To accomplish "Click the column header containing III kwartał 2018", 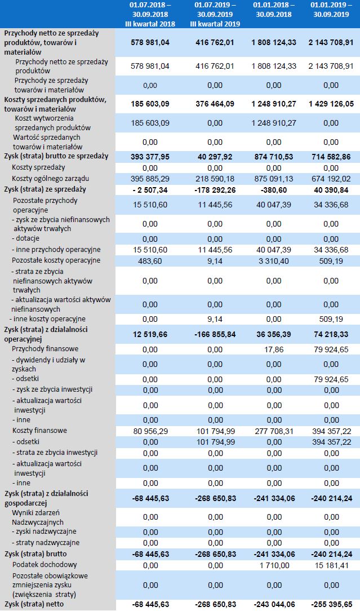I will click(x=150, y=14).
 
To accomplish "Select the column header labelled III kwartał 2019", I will click(x=215, y=14).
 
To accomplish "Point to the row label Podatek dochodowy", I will click(x=45, y=564).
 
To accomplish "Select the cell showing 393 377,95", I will click(x=150, y=156).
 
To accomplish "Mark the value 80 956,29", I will click(x=150, y=431).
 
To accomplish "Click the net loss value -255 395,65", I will click(x=330, y=604).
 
